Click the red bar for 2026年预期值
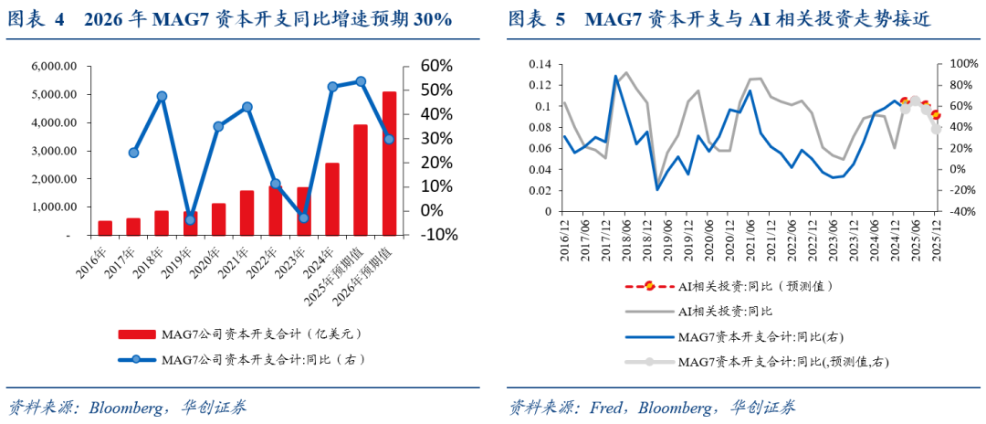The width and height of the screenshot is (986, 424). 389,164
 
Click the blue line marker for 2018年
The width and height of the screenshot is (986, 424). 162,96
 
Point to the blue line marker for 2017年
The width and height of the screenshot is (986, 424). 134,153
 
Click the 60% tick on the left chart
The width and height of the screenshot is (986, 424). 435,66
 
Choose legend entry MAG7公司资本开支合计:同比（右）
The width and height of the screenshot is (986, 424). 264,360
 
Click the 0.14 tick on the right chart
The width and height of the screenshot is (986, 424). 539,64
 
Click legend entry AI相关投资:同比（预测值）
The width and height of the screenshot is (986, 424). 757,286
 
